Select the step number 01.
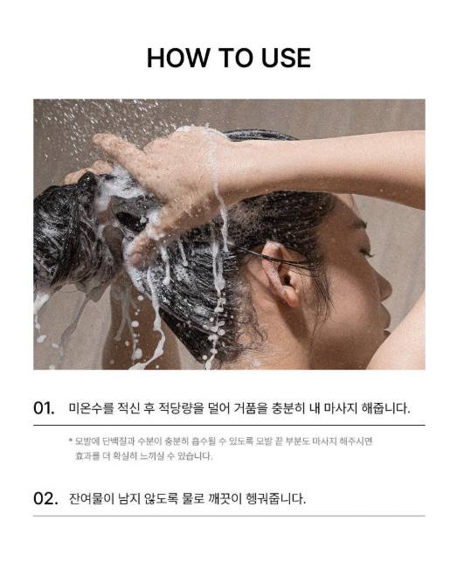44,408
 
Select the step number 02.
45,498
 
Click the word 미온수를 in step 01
91,408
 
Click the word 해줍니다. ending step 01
385,408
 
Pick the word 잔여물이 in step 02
92,498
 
